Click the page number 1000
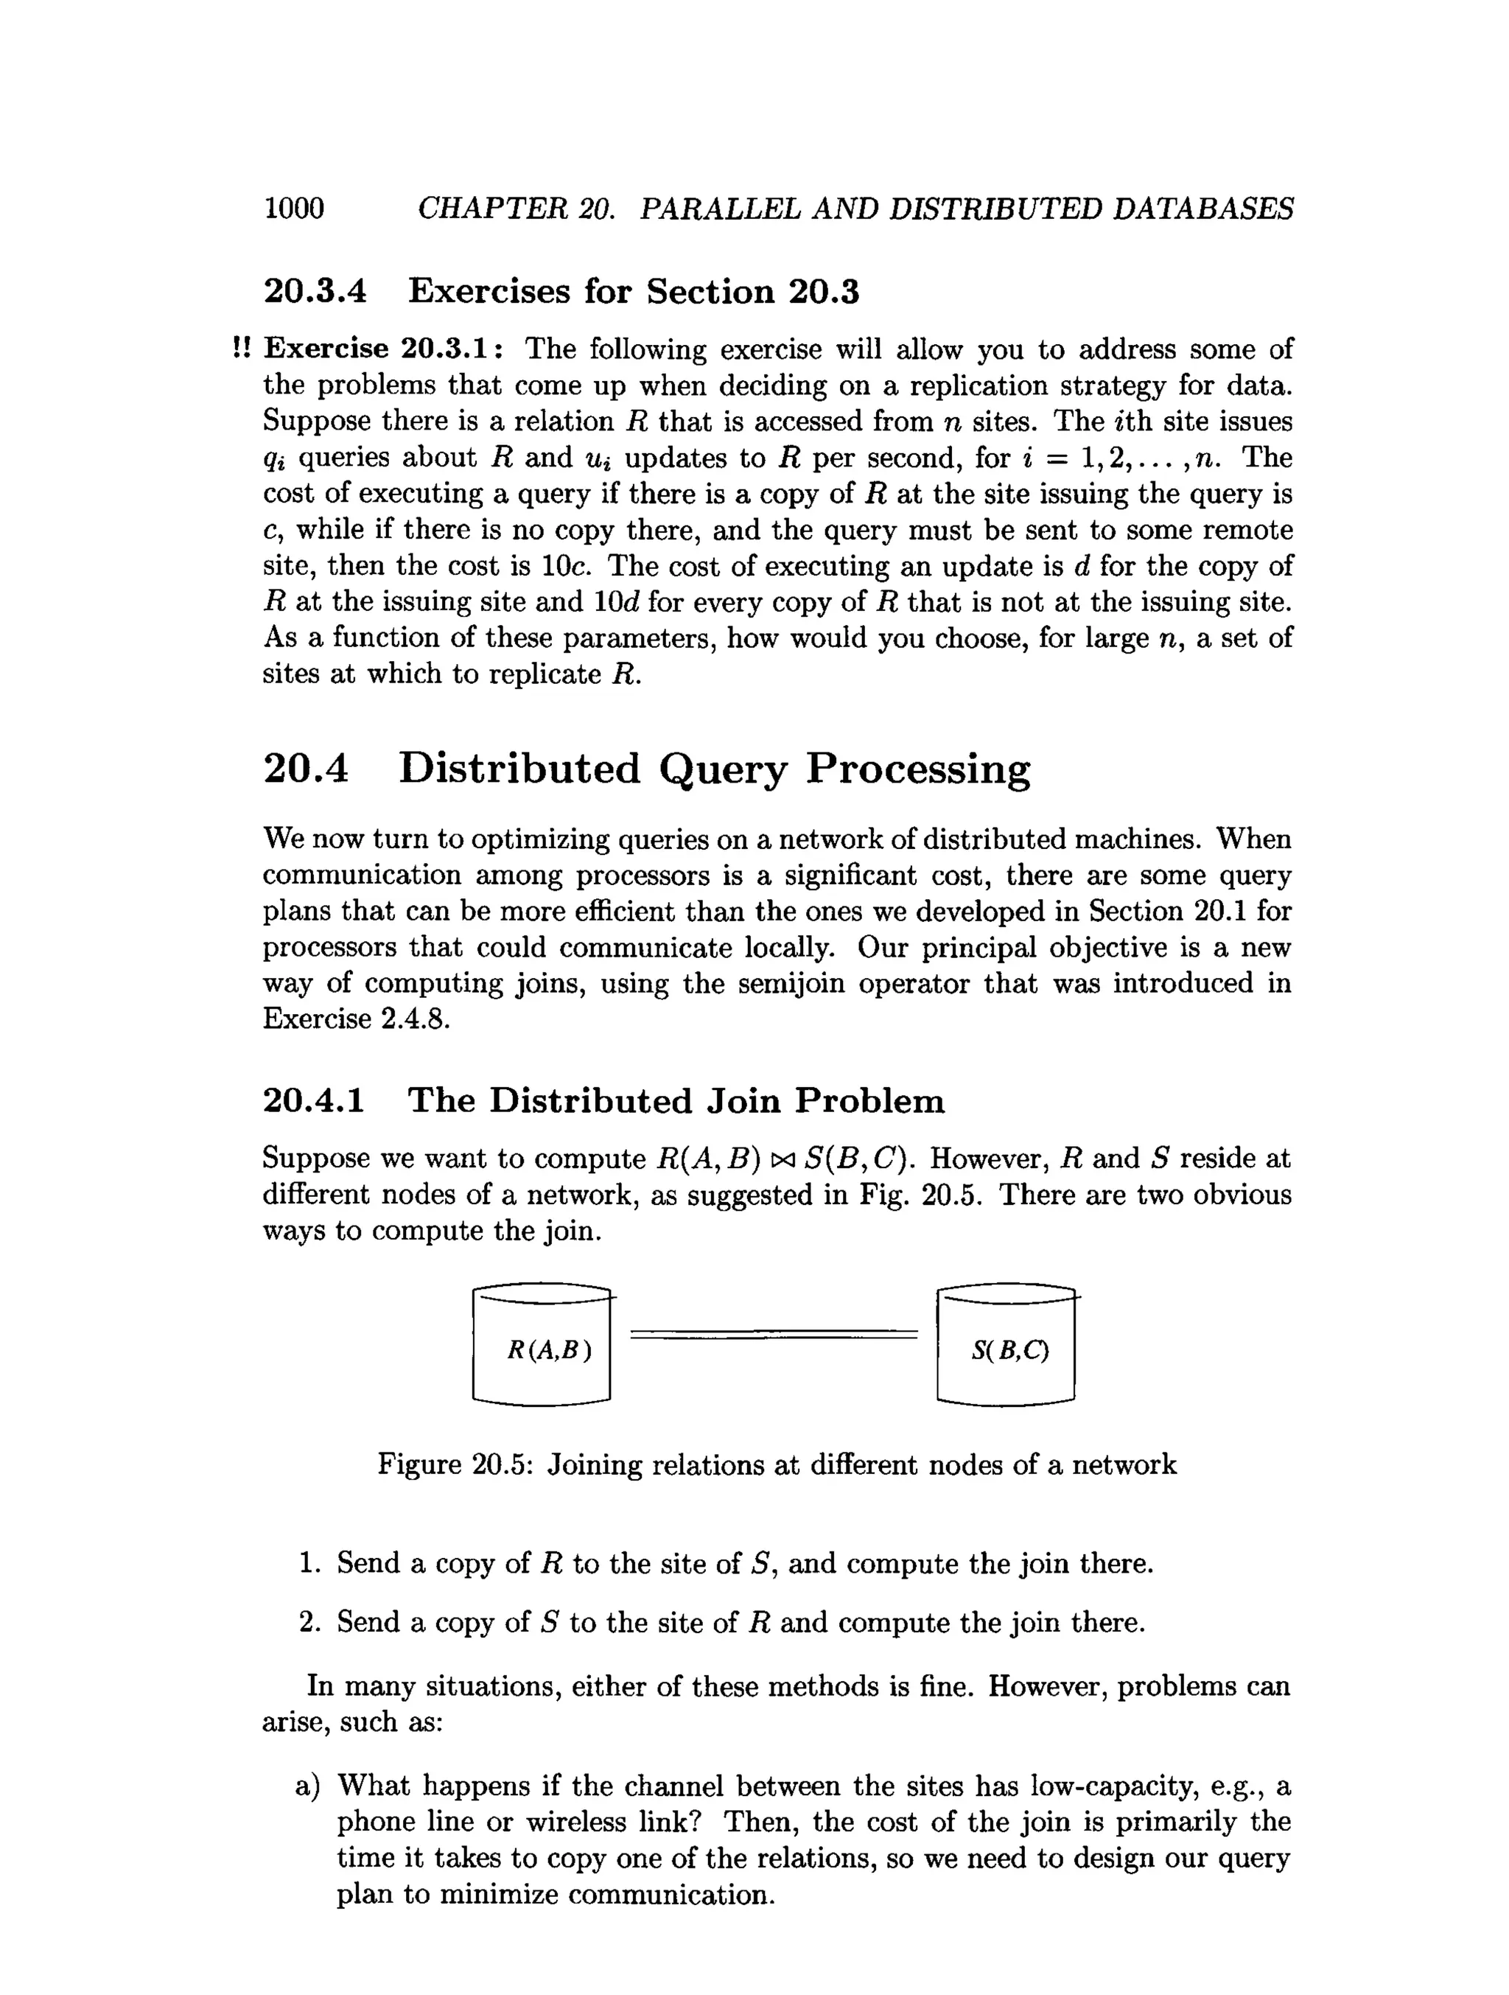point(294,209)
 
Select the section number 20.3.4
point(315,291)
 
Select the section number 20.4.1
point(314,1101)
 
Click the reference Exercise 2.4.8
point(355,1019)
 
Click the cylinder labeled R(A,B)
point(542,1349)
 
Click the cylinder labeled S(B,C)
point(1007,1349)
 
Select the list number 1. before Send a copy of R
point(309,1563)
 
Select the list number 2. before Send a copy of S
point(309,1623)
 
